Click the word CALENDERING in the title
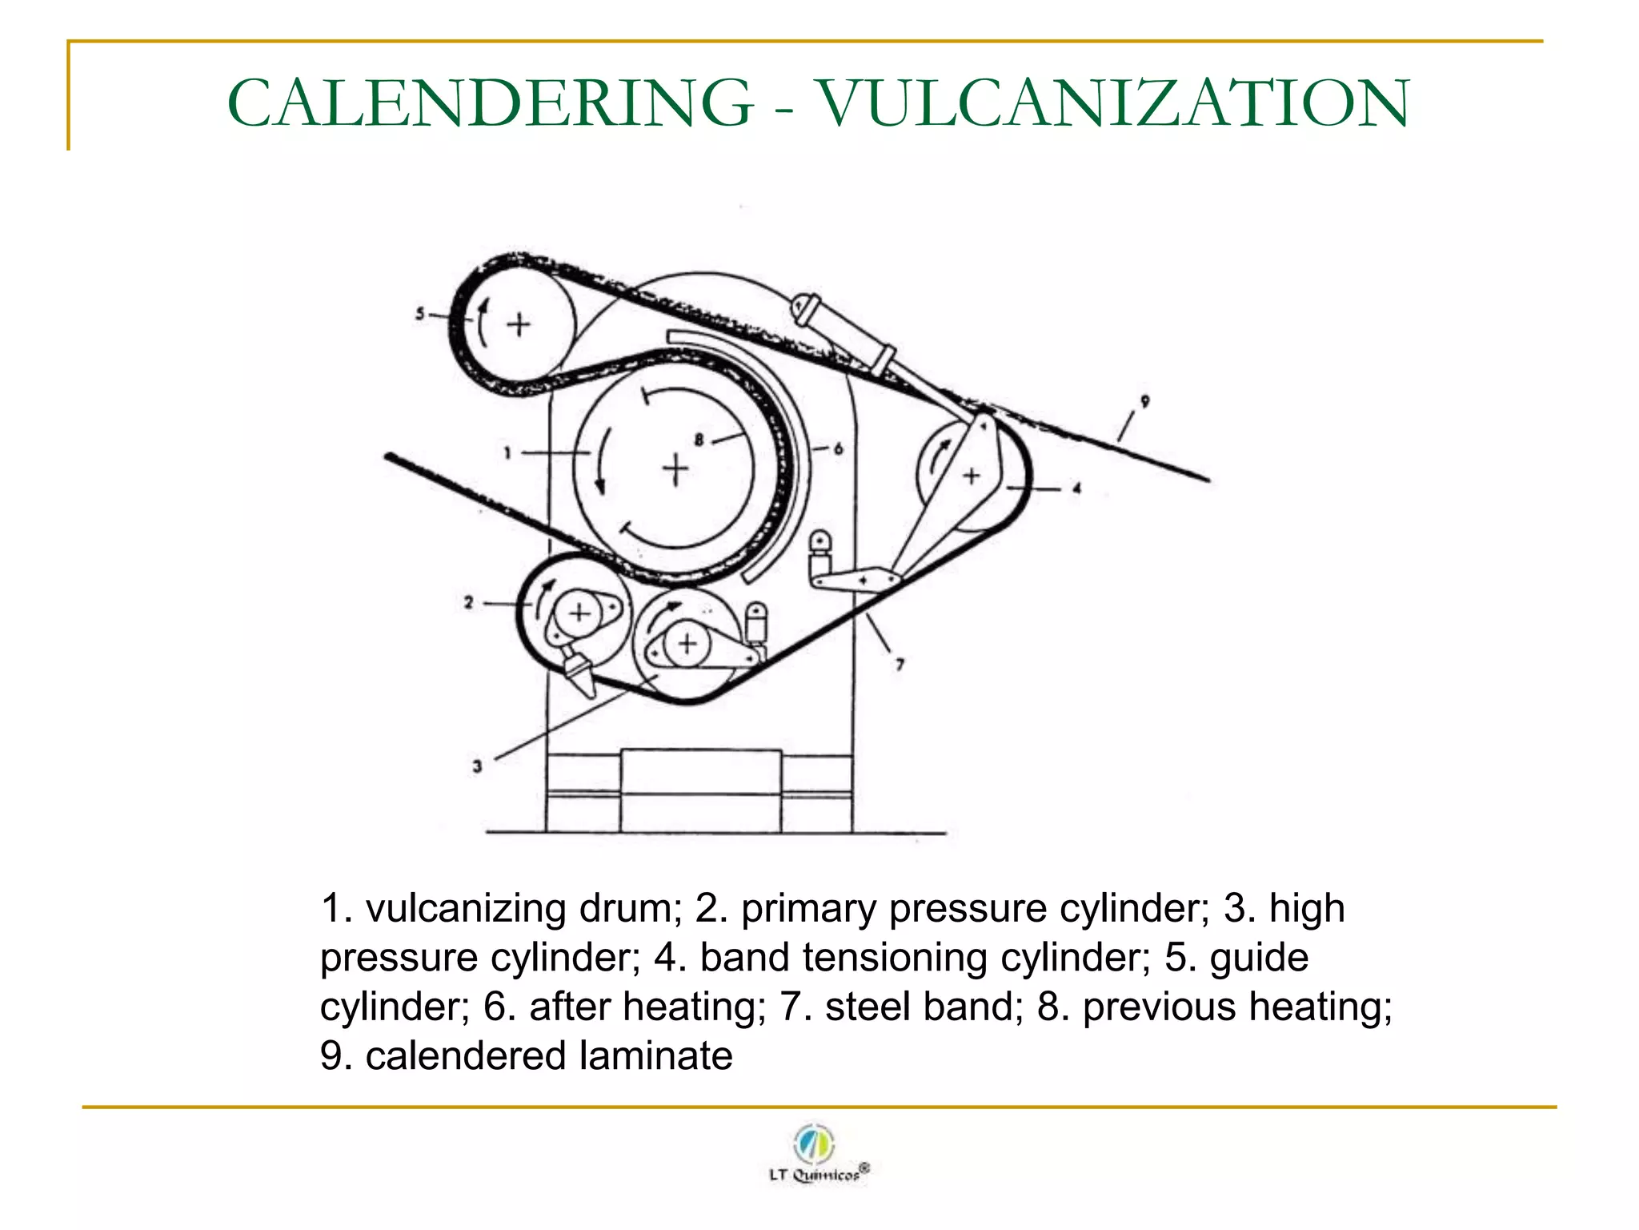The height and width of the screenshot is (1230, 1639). (x=490, y=103)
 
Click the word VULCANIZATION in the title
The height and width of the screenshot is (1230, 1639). (x=1114, y=103)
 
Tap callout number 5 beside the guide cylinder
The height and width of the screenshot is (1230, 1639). (x=420, y=314)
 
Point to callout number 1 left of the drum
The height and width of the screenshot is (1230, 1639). (x=507, y=453)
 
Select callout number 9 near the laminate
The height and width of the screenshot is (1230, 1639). (x=1144, y=401)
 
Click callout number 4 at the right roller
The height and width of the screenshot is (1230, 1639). (x=1077, y=488)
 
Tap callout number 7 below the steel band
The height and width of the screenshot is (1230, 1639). (x=900, y=664)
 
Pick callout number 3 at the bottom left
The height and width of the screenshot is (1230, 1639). (x=477, y=766)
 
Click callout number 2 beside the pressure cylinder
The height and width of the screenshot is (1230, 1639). (x=469, y=602)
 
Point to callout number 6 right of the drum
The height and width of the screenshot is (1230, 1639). (x=838, y=448)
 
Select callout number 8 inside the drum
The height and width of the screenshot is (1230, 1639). (x=699, y=439)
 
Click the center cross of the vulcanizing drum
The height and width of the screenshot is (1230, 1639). (x=675, y=469)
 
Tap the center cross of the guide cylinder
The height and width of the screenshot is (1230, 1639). (x=519, y=324)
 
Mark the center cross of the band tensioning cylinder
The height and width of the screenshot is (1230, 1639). (x=972, y=476)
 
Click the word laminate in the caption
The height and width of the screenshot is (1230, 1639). (x=656, y=1055)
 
